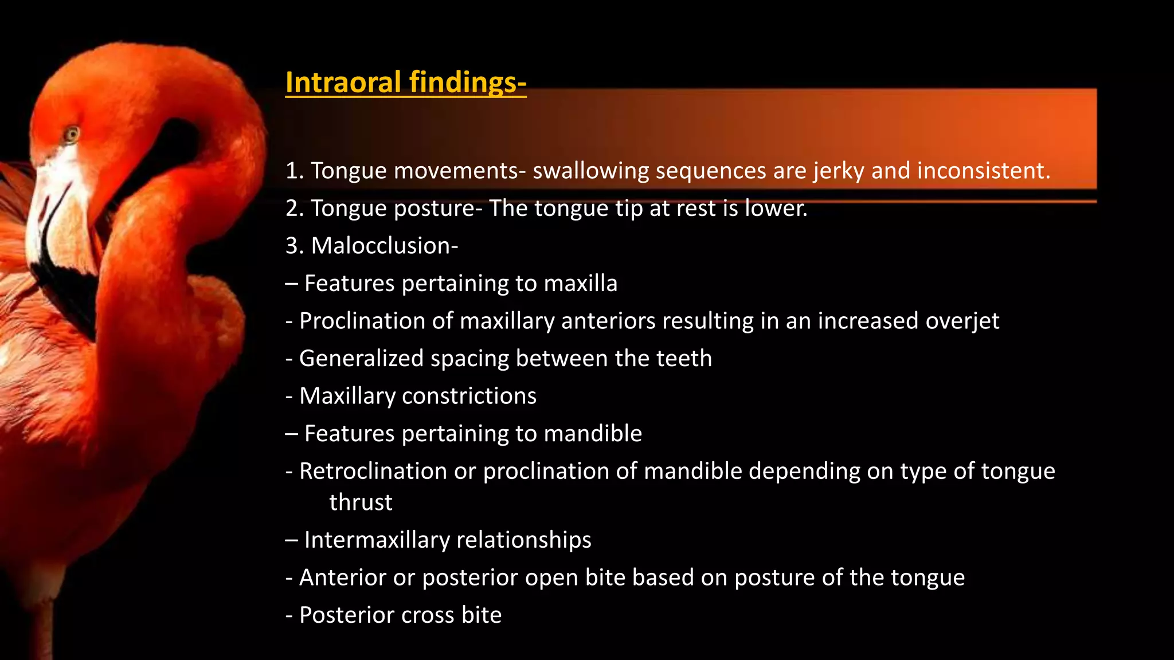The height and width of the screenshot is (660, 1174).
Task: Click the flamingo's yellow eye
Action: pyautogui.click(x=72, y=135)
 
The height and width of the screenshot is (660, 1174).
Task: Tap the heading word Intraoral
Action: pyautogui.click(x=343, y=82)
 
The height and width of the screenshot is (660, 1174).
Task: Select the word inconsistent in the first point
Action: pyautogui.click(x=984, y=171)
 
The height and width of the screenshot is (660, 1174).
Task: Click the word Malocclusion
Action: pyautogui.click(x=384, y=246)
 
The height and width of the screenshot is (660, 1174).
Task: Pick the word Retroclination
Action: pyautogui.click(x=373, y=471)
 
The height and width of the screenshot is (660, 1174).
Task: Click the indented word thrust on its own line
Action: pyautogui.click(x=361, y=502)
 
